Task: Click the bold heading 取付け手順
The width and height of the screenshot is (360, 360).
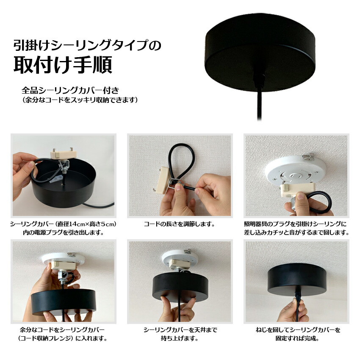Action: tap(63, 65)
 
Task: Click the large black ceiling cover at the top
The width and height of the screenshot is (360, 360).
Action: tap(260, 53)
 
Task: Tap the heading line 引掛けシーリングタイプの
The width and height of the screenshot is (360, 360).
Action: tap(87, 45)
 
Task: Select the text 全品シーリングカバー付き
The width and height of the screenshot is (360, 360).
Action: tap(70, 90)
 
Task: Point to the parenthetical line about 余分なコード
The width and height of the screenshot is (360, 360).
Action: tap(80, 100)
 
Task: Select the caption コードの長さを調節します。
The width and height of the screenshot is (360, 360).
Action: tap(179, 224)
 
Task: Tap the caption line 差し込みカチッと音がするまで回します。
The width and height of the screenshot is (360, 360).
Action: tap(296, 233)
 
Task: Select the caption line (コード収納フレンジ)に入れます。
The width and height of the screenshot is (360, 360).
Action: tap(63, 338)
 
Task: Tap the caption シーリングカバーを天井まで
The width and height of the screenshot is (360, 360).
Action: tap(180, 330)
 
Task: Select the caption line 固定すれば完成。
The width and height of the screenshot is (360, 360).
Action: tap(297, 338)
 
